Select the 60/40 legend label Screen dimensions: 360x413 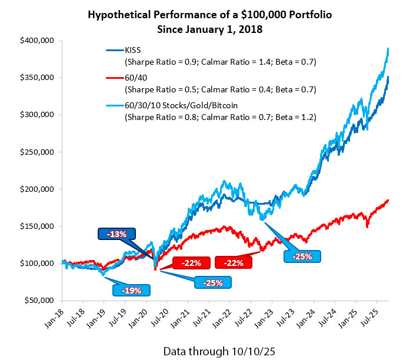133,79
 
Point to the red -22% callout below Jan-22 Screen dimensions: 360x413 234,262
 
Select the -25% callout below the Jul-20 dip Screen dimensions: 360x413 212,282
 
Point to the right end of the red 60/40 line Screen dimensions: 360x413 388,201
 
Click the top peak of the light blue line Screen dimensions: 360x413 388,49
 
